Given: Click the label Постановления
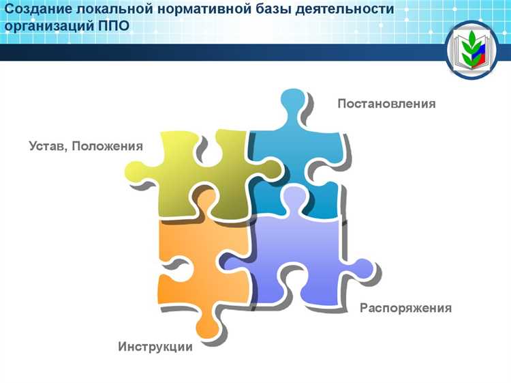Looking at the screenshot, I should coord(386,104).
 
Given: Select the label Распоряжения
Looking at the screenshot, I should coord(405,308).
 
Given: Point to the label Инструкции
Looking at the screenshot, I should coord(155,347).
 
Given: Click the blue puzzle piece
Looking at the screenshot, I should coord(303,164).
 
